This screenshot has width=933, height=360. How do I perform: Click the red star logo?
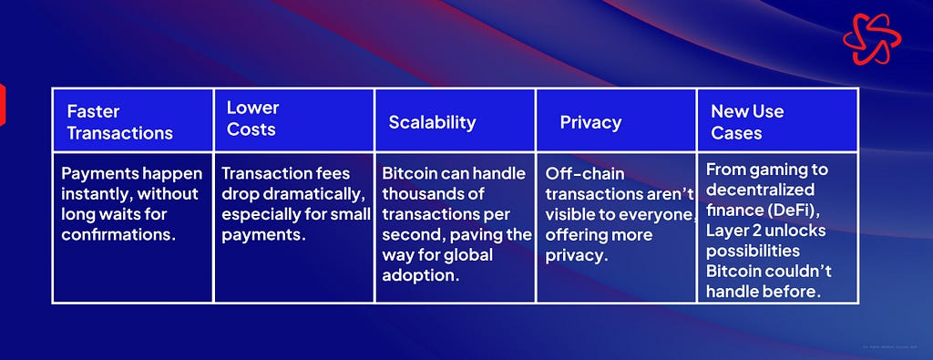pyautogui.click(x=872, y=39)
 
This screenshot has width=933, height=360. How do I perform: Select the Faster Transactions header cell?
pyautogui.click(x=133, y=119)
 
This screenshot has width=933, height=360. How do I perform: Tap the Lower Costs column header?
pyautogui.click(x=294, y=119)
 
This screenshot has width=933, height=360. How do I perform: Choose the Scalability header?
pyautogui.click(x=456, y=119)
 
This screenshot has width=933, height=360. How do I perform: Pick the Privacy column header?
pyautogui.click(x=617, y=119)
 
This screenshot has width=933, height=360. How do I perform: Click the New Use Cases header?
pyautogui.click(x=777, y=119)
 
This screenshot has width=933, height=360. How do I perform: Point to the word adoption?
pyautogui.click(x=418, y=275)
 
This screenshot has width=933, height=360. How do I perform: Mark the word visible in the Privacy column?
pyautogui.click(x=568, y=215)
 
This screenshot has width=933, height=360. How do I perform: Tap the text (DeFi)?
pyautogui.click(x=789, y=210)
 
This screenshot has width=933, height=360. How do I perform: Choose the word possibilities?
pyautogui.click(x=754, y=251)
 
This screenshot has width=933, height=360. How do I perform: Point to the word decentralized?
pyautogui.click(x=761, y=190)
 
